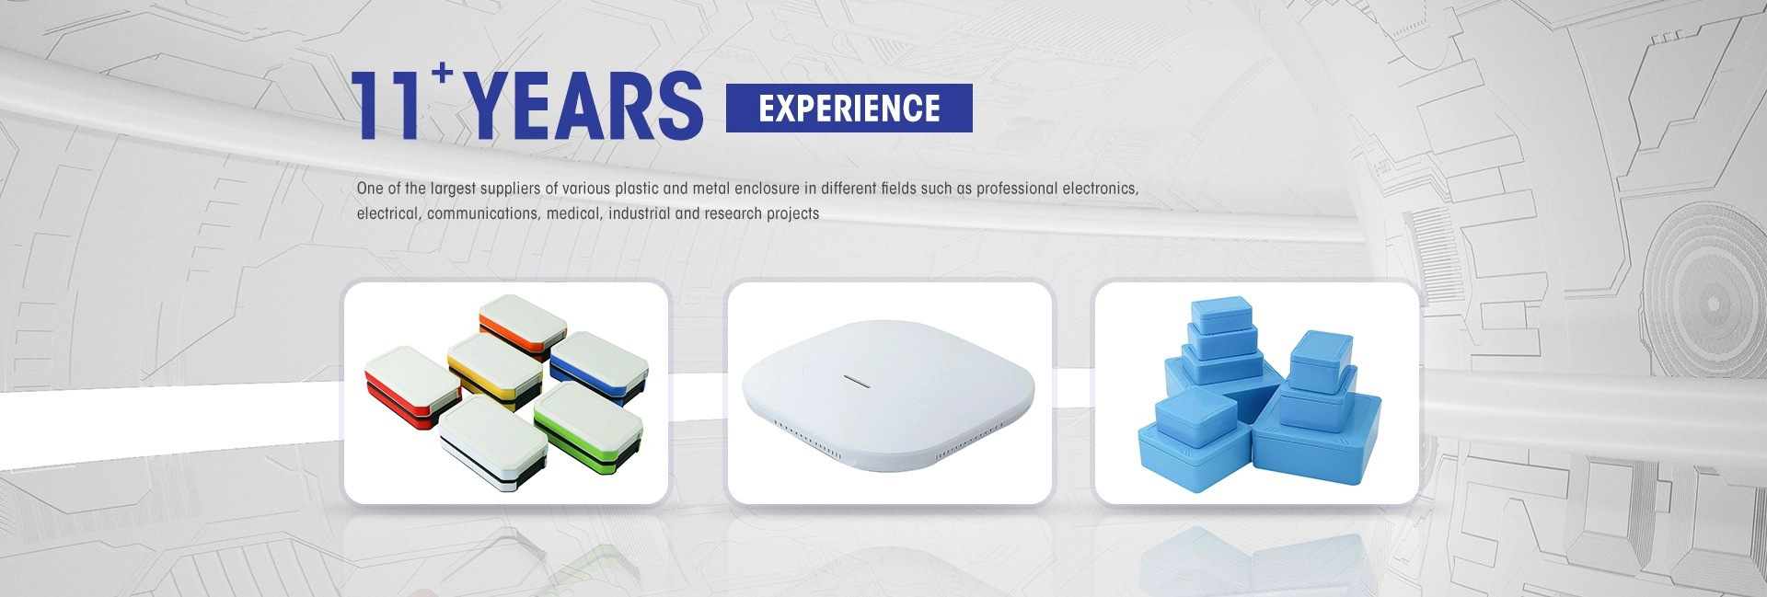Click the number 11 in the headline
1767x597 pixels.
click(387, 106)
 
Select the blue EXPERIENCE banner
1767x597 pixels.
click(849, 108)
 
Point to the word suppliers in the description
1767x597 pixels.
click(505, 189)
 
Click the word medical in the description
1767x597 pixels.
click(575, 213)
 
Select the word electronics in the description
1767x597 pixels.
click(1101, 189)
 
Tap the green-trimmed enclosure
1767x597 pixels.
click(588, 420)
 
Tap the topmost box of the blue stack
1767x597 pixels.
click(1221, 314)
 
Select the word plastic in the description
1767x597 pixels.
click(637, 189)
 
